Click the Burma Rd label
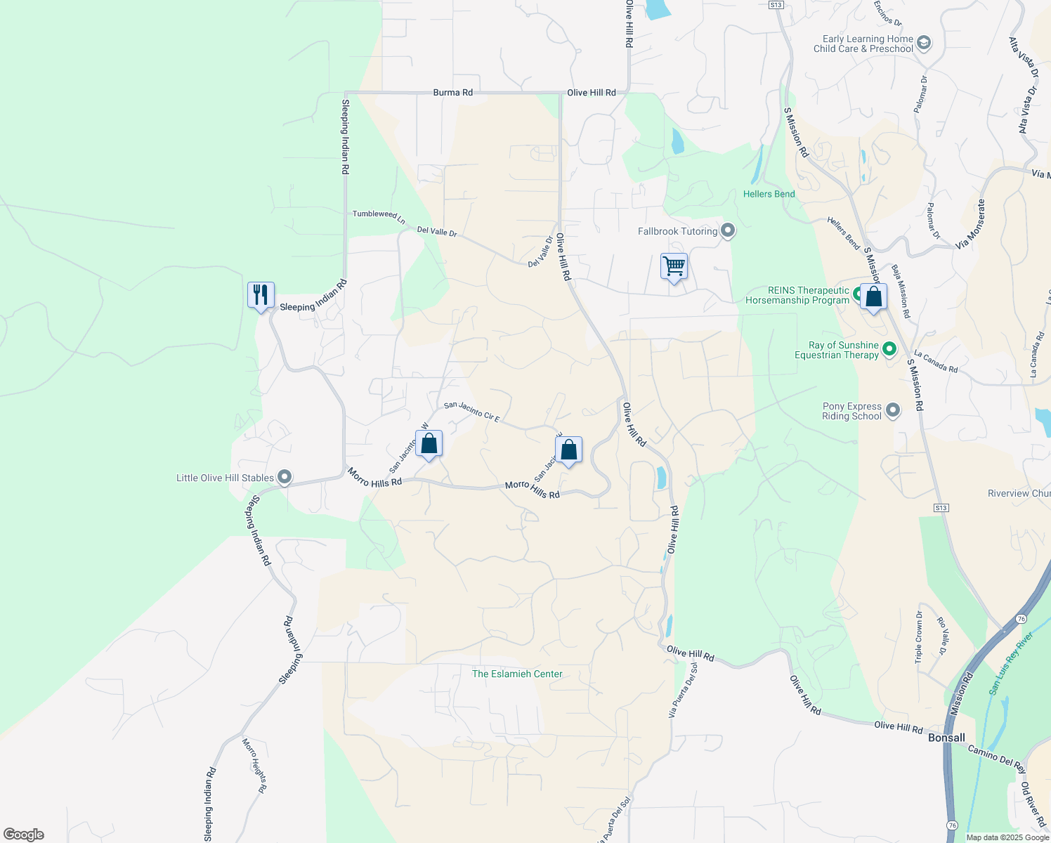coord(452,93)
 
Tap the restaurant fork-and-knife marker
coord(261,294)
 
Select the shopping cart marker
coord(674,266)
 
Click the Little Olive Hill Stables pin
coord(285,478)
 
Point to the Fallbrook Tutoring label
coord(677,231)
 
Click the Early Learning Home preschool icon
coord(924,44)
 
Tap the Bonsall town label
coord(946,738)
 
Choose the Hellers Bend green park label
coord(769,194)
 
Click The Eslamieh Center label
coord(517,674)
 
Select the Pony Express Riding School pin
coord(893,410)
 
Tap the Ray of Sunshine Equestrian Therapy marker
coord(889,349)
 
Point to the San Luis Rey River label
coord(1011,664)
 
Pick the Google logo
coord(24,835)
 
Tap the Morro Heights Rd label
coord(254,765)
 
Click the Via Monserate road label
coord(971,224)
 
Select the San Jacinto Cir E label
coord(471,412)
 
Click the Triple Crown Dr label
coord(919,637)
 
